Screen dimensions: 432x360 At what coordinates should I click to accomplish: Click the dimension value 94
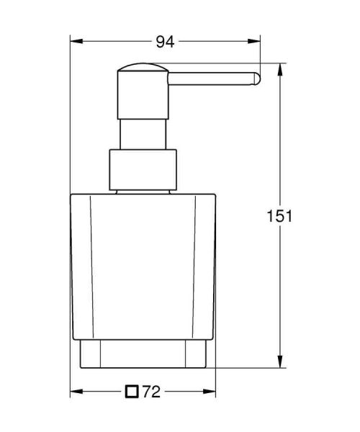pyautogui.click(x=166, y=42)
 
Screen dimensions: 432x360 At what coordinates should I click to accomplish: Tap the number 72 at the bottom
pyautogui.click(x=150, y=392)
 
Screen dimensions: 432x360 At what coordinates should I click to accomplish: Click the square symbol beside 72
pyautogui.click(x=131, y=392)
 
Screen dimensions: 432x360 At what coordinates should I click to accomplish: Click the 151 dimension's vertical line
pyautogui.click(x=279, y=288)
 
